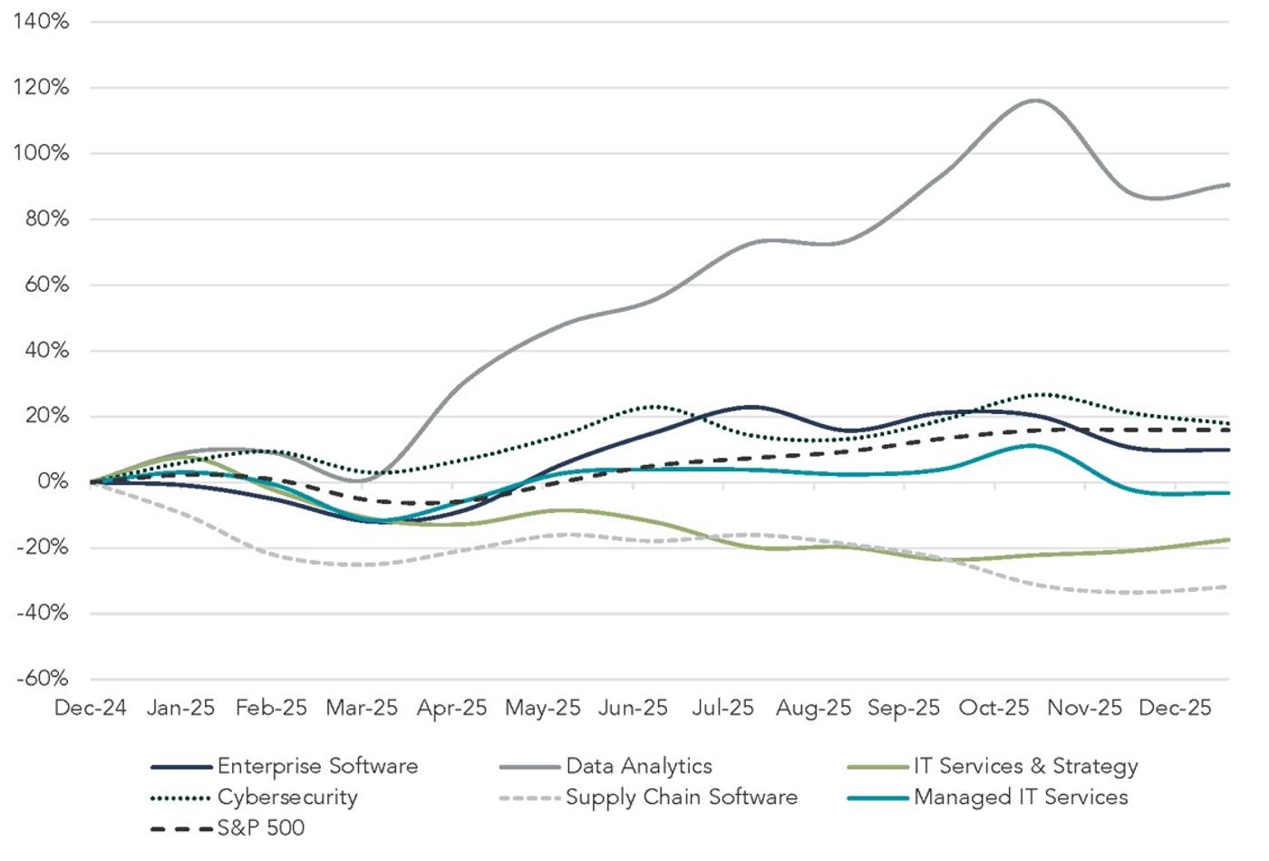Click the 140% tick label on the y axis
(x=41, y=22)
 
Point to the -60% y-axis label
(x=42, y=679)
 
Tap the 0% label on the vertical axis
(x=53, y=482)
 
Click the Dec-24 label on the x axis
(x=90, y=708)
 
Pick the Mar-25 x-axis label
(x=362, y=708)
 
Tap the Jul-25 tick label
(x=722, y=708)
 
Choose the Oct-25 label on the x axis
(x=993, y=708)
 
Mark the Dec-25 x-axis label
(x=1175, y=708)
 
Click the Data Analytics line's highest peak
(x=1035, y=101)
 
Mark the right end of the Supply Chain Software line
(x=1228, y=587)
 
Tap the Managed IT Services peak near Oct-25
(x=1032, y=445)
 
